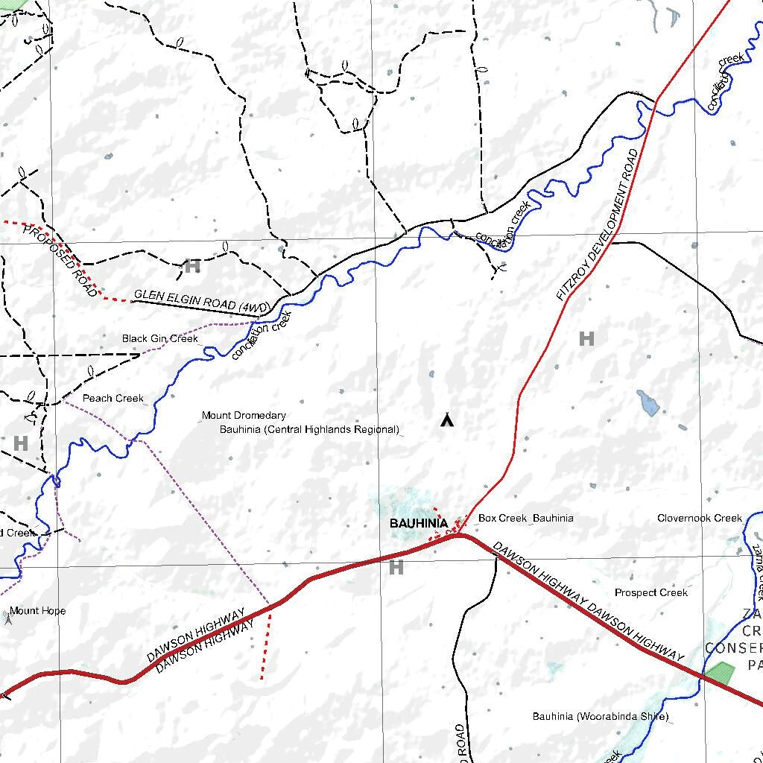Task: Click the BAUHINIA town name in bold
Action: [x=419, y=524]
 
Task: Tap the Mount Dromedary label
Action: [x=244, y=415]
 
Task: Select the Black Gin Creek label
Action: [x=160, y=338]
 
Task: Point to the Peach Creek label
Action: [x=113, y=398]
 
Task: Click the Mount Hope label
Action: [x=37, y=611]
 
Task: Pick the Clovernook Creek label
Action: [x=700, y=518]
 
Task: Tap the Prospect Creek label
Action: [x=651, y=592]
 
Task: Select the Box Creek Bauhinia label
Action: [x=525, y=518]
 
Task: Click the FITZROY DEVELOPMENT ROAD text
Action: [x=598, y=224]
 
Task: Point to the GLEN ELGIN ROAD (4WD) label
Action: [x=195, y=300]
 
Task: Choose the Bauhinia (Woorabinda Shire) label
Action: [x=600, y=717]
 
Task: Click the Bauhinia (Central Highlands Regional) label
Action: [x=309, y=430]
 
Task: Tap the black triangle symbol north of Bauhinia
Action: [x=446, y=421]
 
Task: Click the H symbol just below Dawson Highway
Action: [x=396, y=568]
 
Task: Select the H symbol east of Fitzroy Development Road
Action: [x=586, y=338]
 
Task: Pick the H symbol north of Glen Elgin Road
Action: [x=192, y=265]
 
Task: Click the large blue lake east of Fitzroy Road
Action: [x=648, y=402]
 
